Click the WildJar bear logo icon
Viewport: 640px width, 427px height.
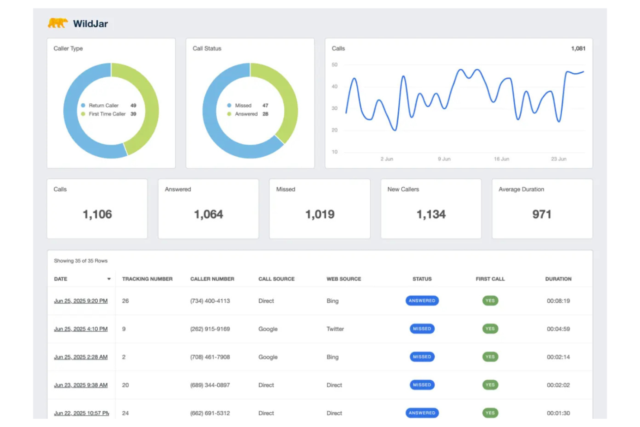click(58, 23)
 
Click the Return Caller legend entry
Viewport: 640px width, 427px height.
click(103, 106)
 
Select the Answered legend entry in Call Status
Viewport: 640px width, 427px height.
click(246, 114)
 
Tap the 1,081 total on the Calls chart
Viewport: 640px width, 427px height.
click(578, 48)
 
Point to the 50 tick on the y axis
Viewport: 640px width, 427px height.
click(334, 65)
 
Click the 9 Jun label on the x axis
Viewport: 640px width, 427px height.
click(444, 159)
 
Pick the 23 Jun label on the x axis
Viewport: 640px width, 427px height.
click(558, 159)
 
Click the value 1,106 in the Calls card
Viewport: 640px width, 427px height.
click(97, 214)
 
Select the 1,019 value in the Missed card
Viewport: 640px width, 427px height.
click(320, 214)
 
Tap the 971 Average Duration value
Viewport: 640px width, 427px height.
click(541, 214)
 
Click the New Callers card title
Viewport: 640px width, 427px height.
click(403, 189)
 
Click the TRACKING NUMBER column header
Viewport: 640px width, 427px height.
click(147, 279)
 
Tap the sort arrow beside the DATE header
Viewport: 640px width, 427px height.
click(109, 279)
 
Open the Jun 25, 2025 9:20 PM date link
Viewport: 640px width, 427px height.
click(81, 301)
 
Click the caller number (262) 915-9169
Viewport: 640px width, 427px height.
click(210, 329)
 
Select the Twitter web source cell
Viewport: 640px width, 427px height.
click(335, 329)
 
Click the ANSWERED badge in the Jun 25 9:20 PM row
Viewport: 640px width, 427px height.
click(422, 301)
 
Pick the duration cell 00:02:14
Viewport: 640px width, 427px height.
click(558, 357)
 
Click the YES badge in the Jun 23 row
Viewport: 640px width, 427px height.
click(490, 385)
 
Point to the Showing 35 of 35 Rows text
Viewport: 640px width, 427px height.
click(80, 261)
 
